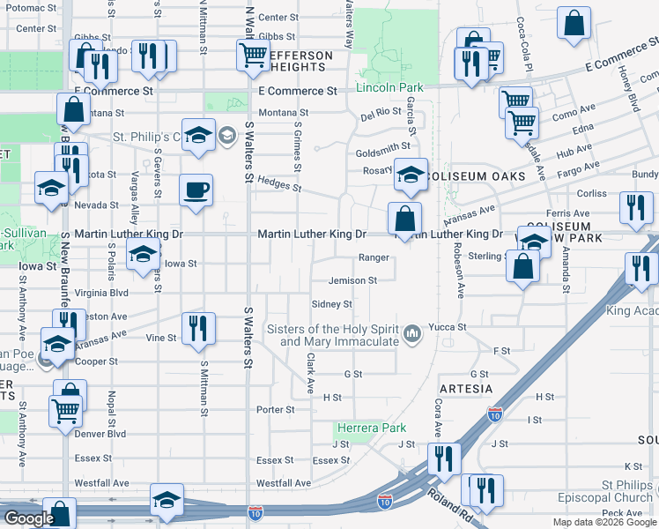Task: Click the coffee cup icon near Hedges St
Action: click(x=196, y=189)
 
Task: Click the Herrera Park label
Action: click(x=370, y=428)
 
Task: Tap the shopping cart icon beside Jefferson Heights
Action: click(x=253, y=56)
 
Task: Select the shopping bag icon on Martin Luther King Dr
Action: click(x=404, y=218)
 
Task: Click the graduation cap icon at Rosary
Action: click(x=411, y=173)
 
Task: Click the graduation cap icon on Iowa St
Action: click(x=141, y=257)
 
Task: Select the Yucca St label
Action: click(x=447, y=327)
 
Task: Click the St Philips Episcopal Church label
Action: click(x=603, y=491)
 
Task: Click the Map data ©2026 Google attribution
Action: click(x=603, y=522)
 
